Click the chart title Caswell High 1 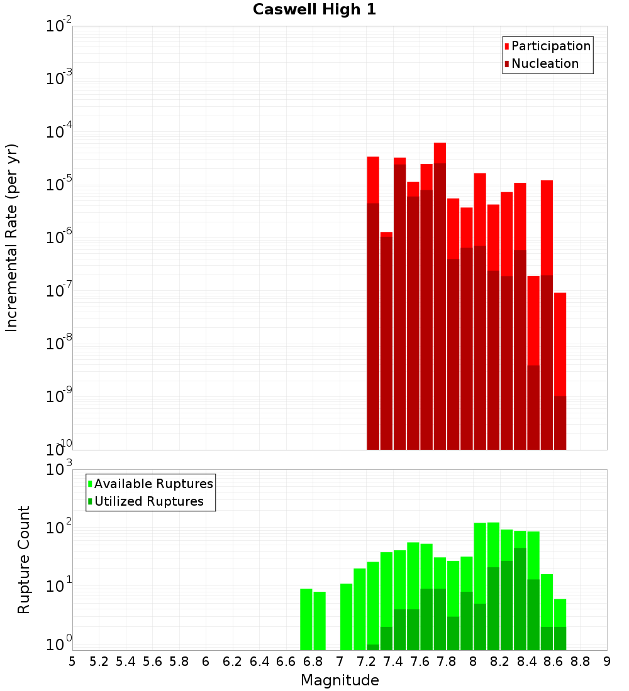point(314,10)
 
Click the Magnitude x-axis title point(340,680)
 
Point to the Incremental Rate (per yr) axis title point(12,237)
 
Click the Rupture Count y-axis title point(24,559)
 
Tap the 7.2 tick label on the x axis point(366,661)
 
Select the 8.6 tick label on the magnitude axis point(554,661)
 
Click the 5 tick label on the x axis point(72,661)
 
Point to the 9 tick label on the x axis point(607,661)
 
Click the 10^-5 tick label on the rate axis point(59,185)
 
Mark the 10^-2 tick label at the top point(59,26)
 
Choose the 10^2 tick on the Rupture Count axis point(59,528)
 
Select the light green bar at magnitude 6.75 point(306,619)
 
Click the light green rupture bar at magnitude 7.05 point(347,616)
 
